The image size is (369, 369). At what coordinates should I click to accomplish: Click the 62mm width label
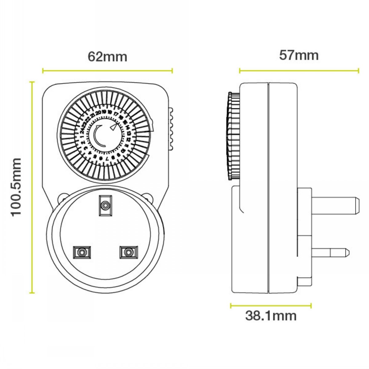(x=107, y=57)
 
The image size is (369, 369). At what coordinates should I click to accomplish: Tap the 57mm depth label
(x=299, y=56)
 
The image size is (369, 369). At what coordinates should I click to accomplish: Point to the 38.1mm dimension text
(x=271, y=316)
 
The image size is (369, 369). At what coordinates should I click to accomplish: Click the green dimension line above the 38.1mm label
(x=271, y=306)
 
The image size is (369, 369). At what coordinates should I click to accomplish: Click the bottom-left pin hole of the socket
(x=82, y=252)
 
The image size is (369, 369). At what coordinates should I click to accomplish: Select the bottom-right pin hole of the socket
(x=128, y=252)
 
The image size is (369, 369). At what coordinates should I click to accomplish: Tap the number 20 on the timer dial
(x=98, y=113)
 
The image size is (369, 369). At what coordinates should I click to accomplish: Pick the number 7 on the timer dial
(x=107, y=158)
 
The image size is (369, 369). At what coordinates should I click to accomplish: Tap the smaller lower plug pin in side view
(x=331, y=253)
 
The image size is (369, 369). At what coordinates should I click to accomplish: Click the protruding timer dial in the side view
(x=233, y=135)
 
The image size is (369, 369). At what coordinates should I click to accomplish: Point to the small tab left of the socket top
(x=63, y=197)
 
